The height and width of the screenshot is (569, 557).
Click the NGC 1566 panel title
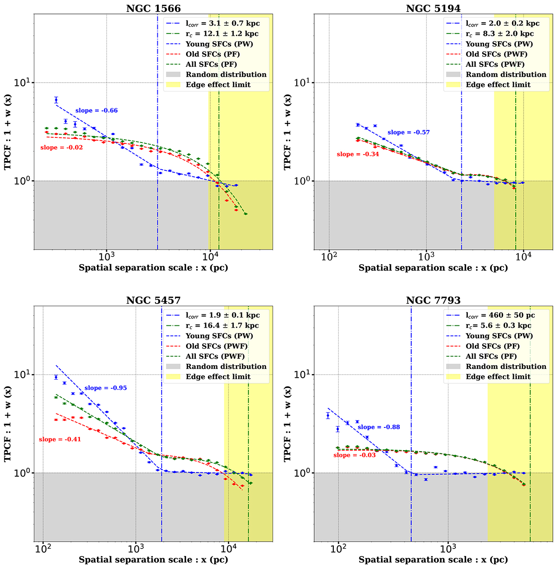[153, 8]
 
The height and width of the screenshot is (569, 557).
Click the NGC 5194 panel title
[433, 8]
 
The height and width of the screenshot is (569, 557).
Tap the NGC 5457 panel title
[153, 301]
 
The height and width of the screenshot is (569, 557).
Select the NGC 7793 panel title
[433, 301]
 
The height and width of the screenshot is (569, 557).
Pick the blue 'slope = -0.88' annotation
[378, 427]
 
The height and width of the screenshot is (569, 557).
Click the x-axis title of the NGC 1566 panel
[153, 268]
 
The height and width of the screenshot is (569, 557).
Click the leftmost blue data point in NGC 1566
[56, 100]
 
